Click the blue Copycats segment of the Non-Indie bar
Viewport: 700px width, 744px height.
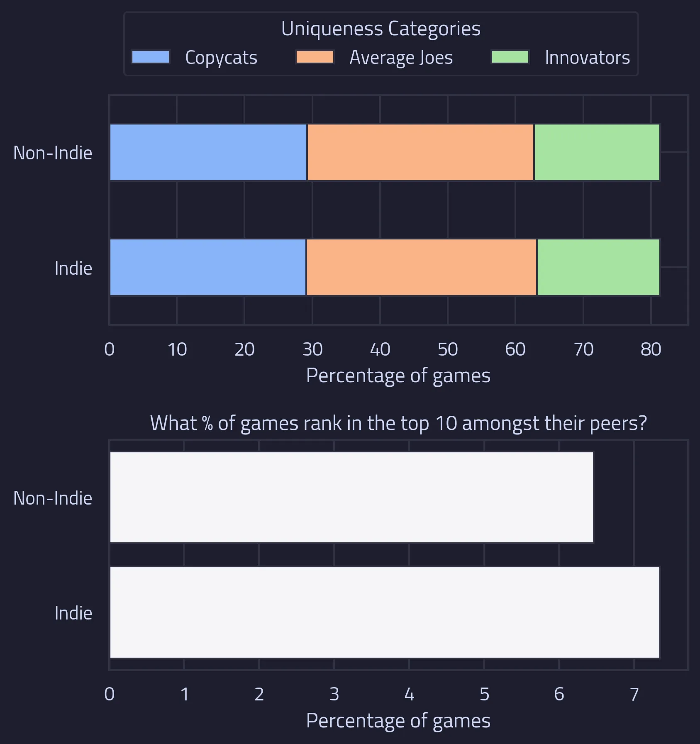point(208,152)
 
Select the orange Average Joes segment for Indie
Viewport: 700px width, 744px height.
point(422,267)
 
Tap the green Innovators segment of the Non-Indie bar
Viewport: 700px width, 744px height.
point(597,152)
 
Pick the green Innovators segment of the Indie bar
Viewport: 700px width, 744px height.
point(598,267)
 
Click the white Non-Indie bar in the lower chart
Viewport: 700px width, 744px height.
point(351,497)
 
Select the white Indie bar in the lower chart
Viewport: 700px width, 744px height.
point(385,612)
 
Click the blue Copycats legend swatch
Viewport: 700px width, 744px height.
point(151,57)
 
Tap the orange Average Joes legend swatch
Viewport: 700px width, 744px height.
point(315,57)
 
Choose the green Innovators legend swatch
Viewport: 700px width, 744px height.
point(510,57)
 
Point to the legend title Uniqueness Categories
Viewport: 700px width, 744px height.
point(380,29)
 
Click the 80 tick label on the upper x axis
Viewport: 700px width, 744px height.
point(651,349)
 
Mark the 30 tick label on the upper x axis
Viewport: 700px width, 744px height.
point(312,349)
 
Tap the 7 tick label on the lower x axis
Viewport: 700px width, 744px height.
point(634,694)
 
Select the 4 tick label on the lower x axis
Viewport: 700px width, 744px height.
point(409,694)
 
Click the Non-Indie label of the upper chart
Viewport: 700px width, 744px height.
point(53,153)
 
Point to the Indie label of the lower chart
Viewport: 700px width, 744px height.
point(73,613)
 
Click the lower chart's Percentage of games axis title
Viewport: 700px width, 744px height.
point(398,721)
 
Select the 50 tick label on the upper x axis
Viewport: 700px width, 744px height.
point(448,349)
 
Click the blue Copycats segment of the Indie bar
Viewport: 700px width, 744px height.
point(208,267)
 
